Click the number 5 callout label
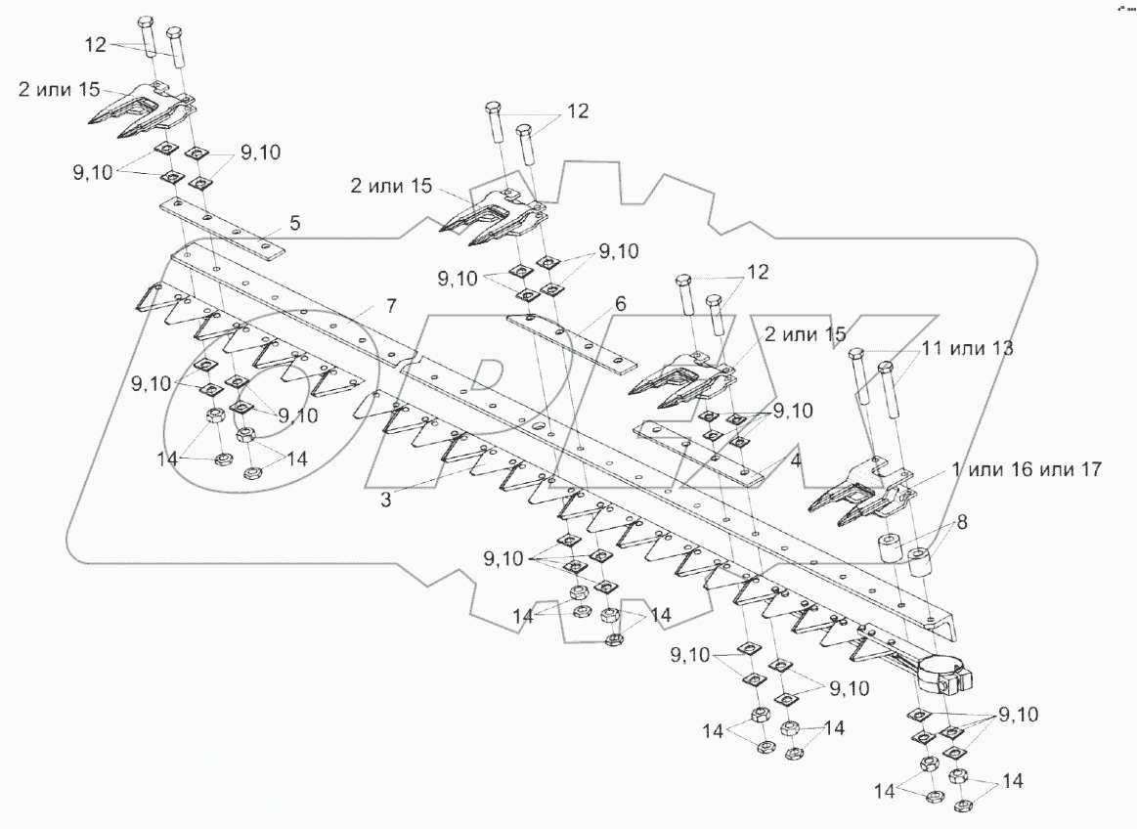tap(294, 223)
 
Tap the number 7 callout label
tap(390, 306)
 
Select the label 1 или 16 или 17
tap(1032, 470)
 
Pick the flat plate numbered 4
tap(698, 453)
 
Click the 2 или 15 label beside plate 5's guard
tap(59, 88)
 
